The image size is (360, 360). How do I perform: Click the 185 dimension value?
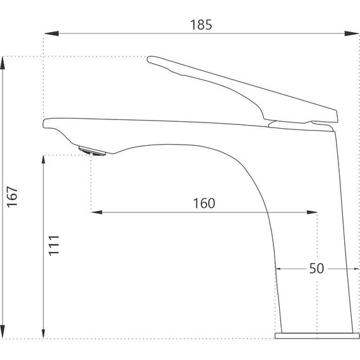[201, 25]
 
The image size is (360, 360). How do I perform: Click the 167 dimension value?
[12, 197]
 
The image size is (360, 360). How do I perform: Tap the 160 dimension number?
[204, 203]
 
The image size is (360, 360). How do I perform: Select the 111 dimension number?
[54, 245]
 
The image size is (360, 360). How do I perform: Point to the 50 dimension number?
[316, 268]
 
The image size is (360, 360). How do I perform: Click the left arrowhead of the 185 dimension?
[52, 33]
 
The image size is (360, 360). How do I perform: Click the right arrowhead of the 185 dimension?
[352, 33]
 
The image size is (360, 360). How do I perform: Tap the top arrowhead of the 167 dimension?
[3, 63]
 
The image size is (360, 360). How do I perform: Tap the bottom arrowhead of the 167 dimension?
[3, 332]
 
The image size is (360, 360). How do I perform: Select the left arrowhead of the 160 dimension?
[97, 212]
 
